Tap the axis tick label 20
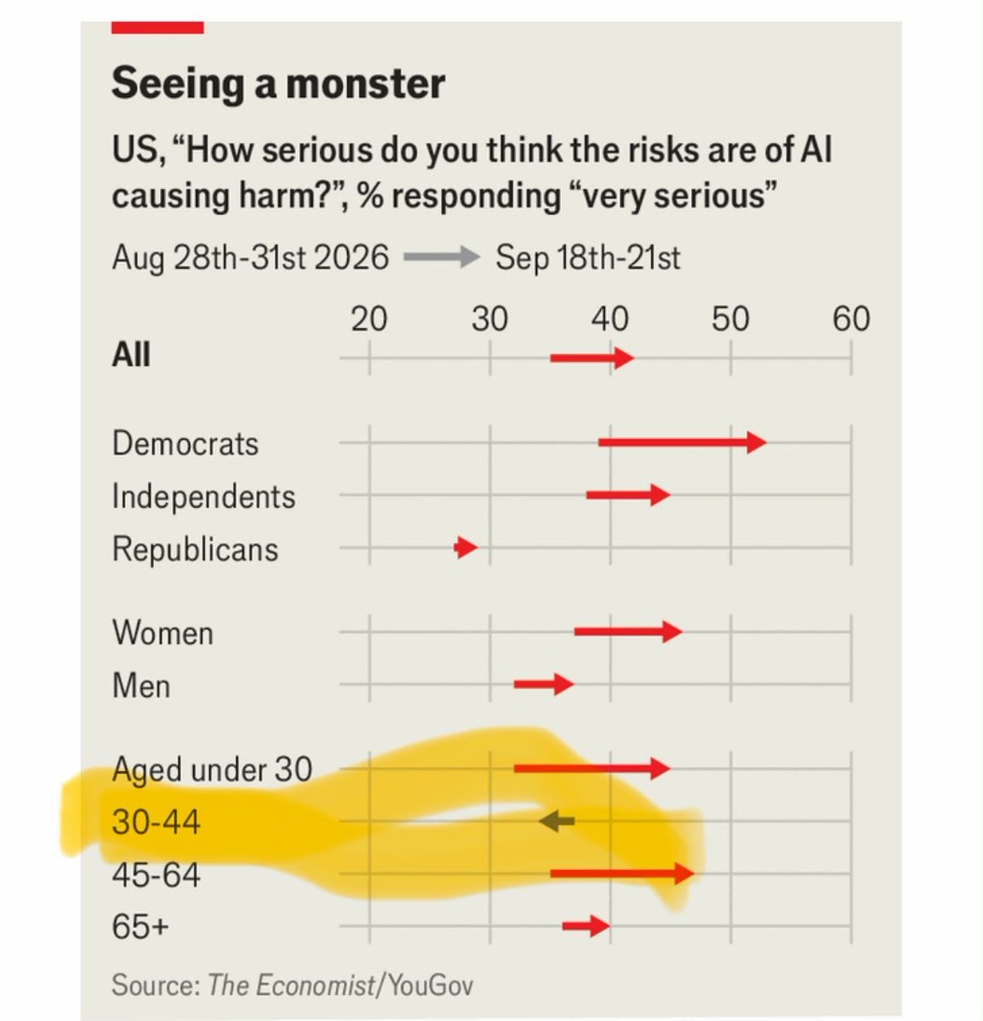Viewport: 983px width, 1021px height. click(369, 318)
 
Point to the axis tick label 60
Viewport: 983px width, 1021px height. click(851, 318)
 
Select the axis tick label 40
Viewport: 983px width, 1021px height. click(610, 318)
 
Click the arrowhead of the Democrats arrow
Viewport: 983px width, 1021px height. click(757, 442)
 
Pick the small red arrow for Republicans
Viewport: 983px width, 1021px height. click(466, 547)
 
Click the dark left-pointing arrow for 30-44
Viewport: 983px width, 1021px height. click(557, 821)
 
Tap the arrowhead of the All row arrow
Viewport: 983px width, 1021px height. click(625, 358)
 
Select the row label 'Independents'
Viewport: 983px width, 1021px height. click(203, 496)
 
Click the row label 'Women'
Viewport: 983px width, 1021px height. click(163, 632)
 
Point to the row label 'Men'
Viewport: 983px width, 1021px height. click(141, 685)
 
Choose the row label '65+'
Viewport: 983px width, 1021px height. click(140, 926)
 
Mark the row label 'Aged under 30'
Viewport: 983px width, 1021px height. click(212, 770)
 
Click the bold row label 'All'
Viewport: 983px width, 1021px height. click(131, 354)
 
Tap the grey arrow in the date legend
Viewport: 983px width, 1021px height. click(442, 257)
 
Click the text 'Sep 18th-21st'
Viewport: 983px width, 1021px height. click(588, 258)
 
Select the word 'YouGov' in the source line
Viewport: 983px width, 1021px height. click(431, 984)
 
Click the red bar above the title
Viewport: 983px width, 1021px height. click(157, 27)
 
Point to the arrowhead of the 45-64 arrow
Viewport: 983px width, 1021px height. click(684, 874)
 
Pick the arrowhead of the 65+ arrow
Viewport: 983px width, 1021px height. click(600, 926)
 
